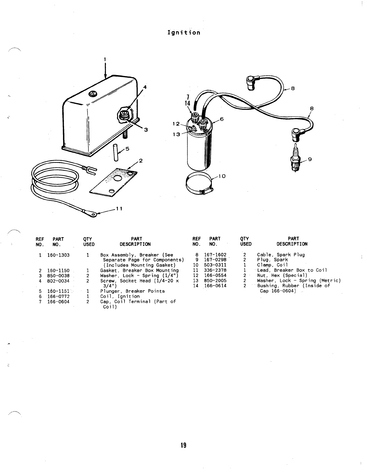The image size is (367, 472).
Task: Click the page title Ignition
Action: (x=183, y=32)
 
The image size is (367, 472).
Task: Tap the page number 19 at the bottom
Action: (x=183, y=445)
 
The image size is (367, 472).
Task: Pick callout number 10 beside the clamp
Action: (x=222, y=176)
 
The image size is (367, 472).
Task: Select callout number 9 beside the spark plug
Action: (x=310, y=159)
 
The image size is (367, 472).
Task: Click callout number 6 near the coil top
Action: (x=221, y=119)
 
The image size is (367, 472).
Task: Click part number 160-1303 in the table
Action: (x=58, y=255)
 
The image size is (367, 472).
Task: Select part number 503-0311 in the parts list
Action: (x=215, y=265)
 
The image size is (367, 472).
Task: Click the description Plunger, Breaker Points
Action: (x=132, y=291)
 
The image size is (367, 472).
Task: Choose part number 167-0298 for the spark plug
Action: (x=215, y=260)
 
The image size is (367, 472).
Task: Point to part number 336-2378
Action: (x=215, y=270)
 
